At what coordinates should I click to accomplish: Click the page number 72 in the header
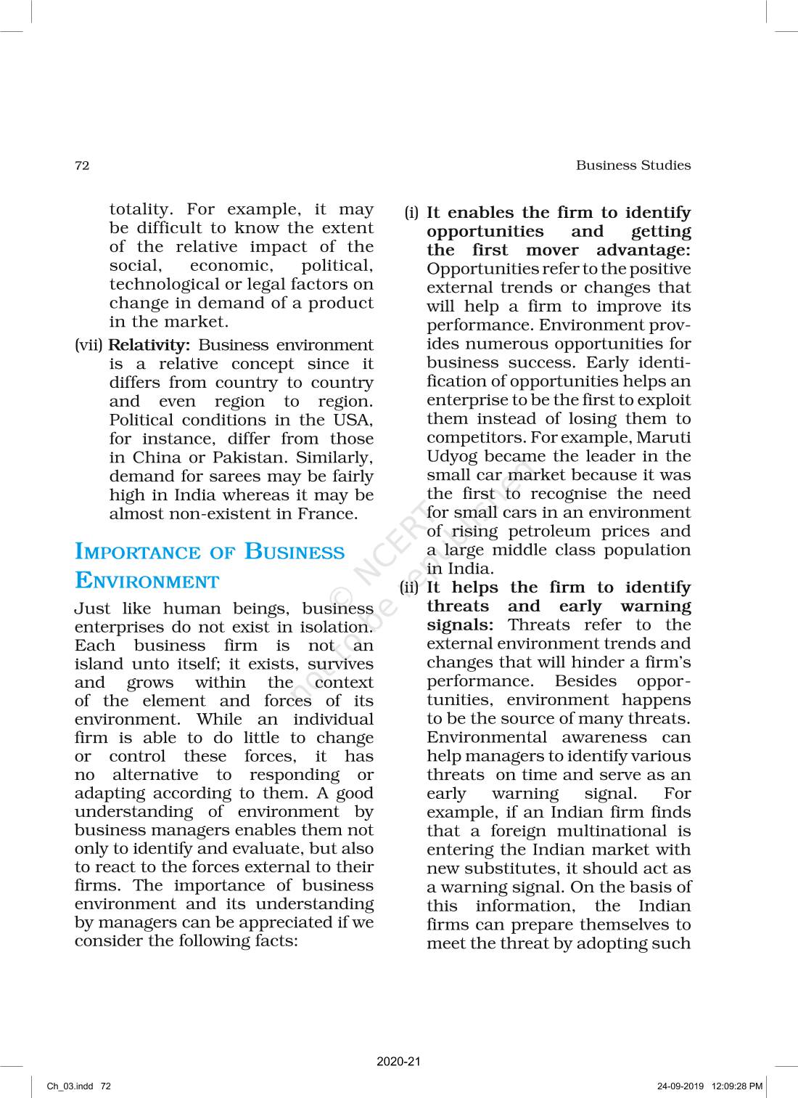82,166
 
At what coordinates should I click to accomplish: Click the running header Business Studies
633,166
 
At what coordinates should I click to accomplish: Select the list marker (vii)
89,345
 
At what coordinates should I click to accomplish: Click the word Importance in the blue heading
138,552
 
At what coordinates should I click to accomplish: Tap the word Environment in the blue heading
147,581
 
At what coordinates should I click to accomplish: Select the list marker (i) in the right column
411,213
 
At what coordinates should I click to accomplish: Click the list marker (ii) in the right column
410,587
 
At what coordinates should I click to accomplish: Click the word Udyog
450,457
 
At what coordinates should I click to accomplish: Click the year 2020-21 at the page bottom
398,1062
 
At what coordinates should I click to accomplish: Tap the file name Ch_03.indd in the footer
70,1086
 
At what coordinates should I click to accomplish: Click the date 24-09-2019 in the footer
680,1086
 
